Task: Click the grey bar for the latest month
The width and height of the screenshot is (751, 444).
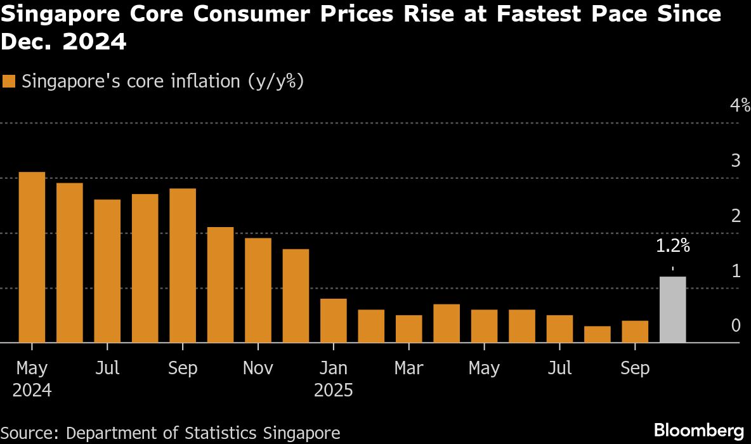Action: [x=672, y=310]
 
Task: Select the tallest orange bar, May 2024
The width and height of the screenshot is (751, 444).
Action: [x=32, y=258]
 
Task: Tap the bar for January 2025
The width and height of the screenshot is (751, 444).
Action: [x=333, y=321]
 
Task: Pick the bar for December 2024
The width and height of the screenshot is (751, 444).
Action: [x=296, y=296]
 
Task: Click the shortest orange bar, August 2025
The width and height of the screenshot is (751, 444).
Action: [x=597, y=334]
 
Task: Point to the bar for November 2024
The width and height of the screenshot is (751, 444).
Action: [x=258, y=291]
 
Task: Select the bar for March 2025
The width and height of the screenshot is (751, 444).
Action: [x=408, y=329]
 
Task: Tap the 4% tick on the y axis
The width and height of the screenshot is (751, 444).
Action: [x=740, y=106]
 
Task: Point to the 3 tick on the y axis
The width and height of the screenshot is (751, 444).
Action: [x=736, y=161]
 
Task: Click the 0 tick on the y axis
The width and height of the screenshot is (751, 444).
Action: [x=736, y=326]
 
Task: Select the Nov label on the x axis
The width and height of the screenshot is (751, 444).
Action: [x=258, y=368]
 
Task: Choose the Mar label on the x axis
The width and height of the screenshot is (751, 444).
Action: [x=408, y=368]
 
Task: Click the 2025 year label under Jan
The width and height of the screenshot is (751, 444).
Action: [x=333, y=389]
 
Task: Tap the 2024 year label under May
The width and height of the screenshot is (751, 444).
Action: [x=32, y=389]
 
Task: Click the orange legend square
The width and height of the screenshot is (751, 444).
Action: [x=9, y=82]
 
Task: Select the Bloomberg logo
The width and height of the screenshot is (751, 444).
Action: [x=698, y=428]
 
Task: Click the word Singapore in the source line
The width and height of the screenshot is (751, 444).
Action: [x=304, y=433]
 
